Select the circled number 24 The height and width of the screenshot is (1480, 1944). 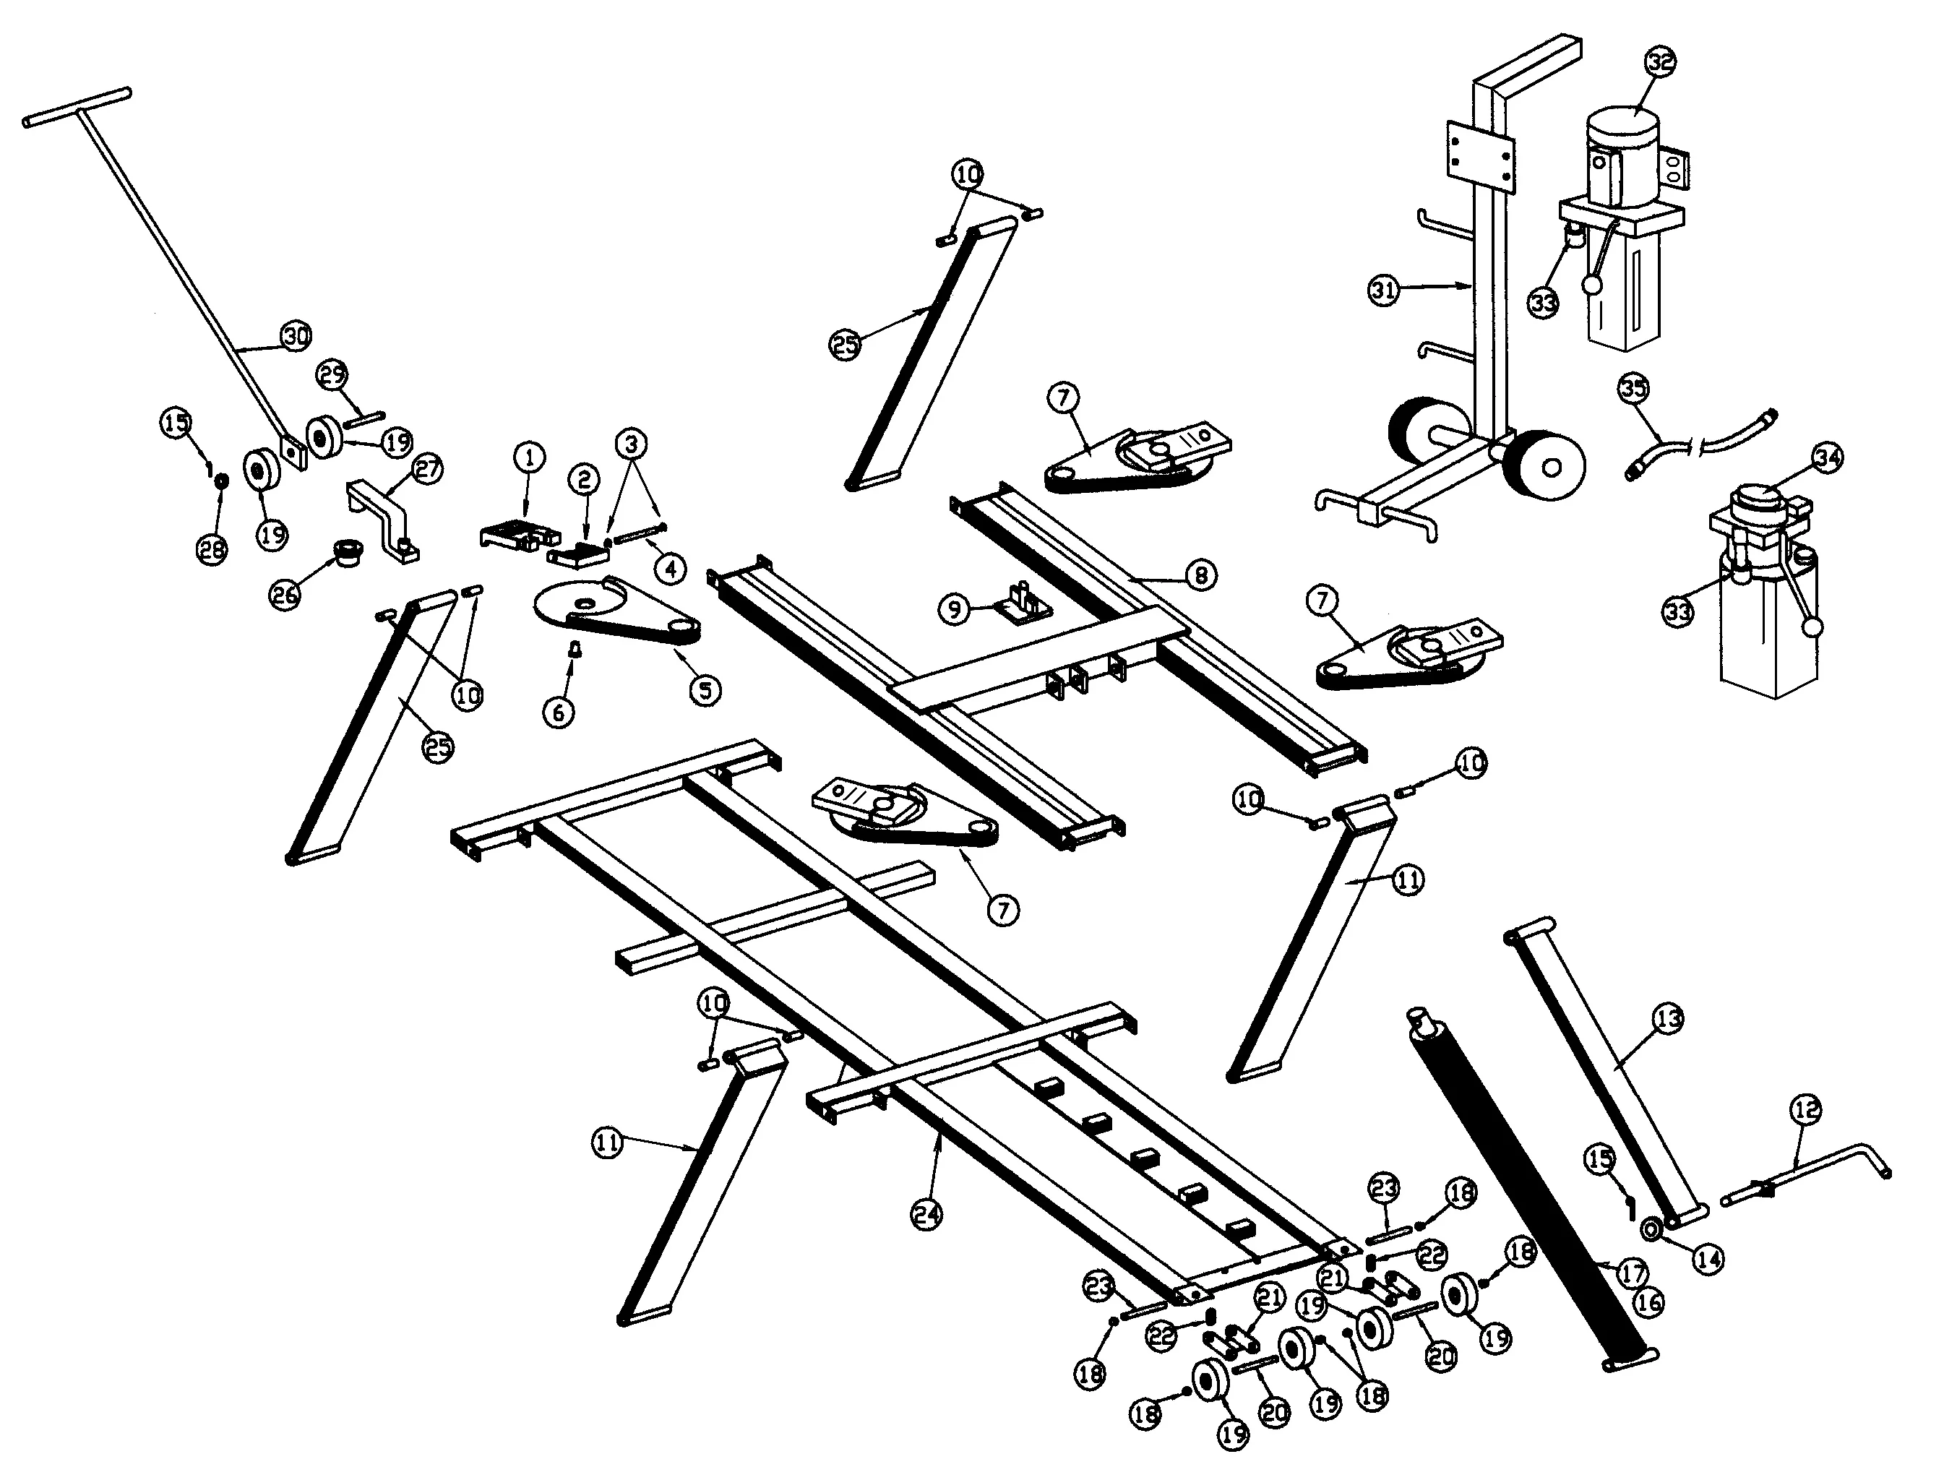coord(926,1215)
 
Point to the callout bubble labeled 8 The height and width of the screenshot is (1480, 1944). coord(1202,575)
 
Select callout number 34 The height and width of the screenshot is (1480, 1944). coord(1828,457)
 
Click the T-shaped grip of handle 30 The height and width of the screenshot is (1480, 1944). coord(77,106)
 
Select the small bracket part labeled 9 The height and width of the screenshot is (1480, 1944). coord(1022,602)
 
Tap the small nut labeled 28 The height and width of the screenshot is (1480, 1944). coord(222,480)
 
